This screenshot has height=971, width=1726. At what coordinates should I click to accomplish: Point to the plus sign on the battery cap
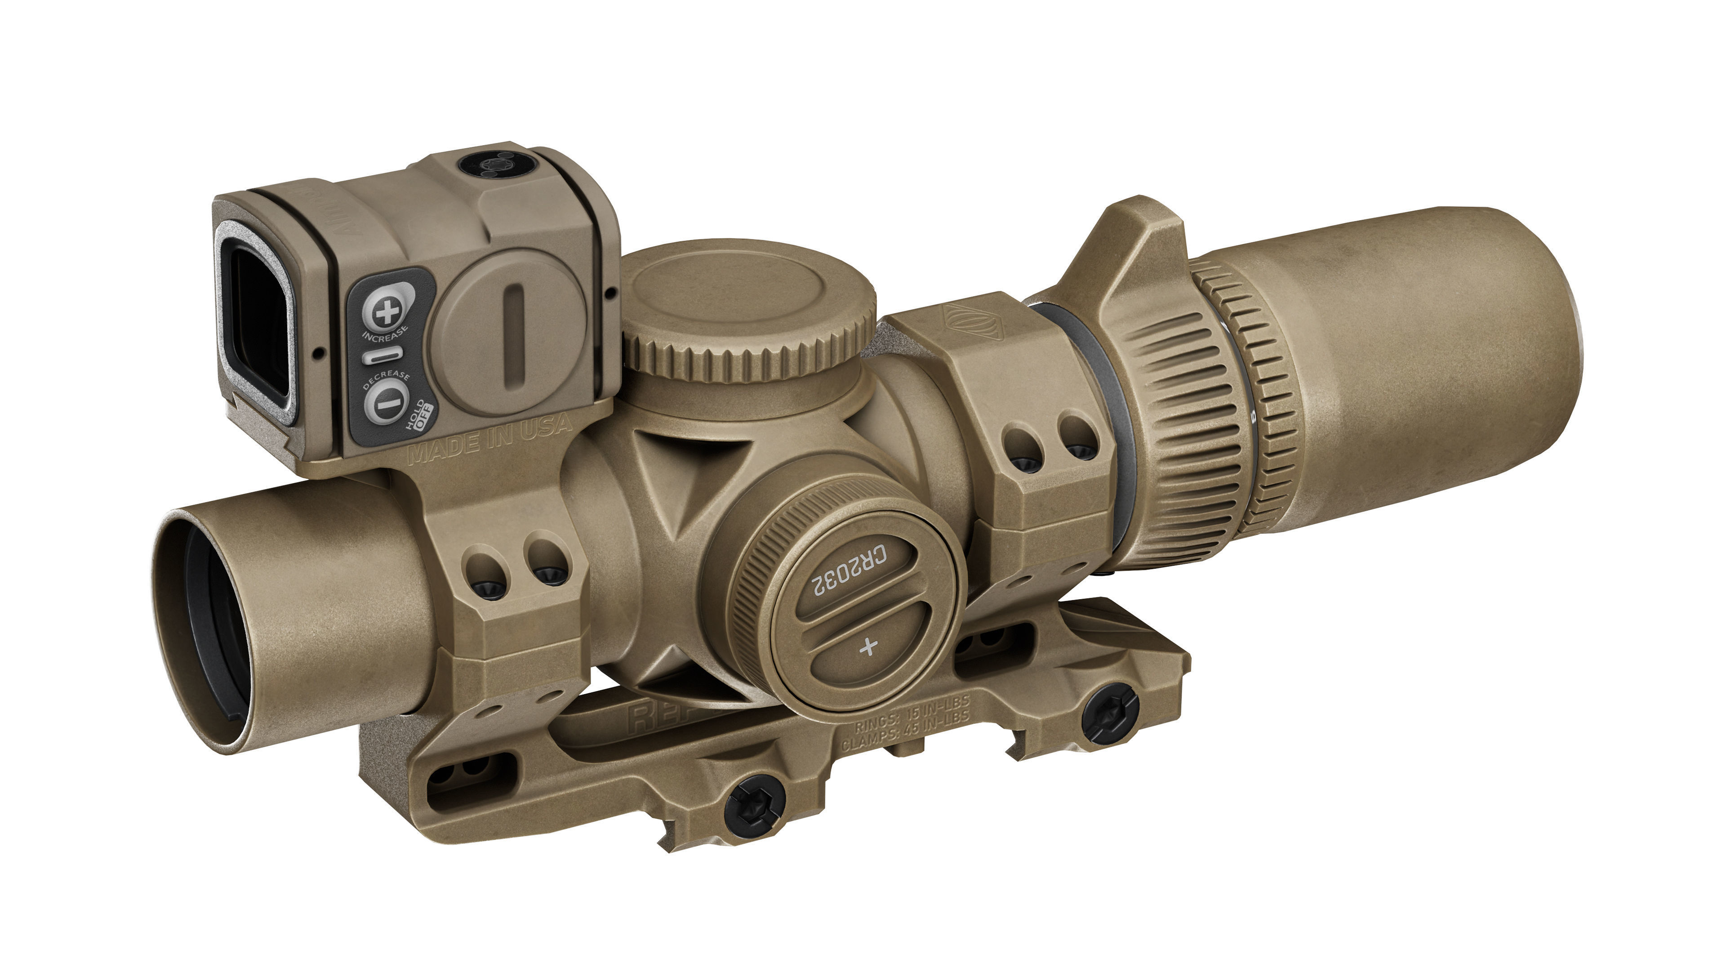(869, 647)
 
